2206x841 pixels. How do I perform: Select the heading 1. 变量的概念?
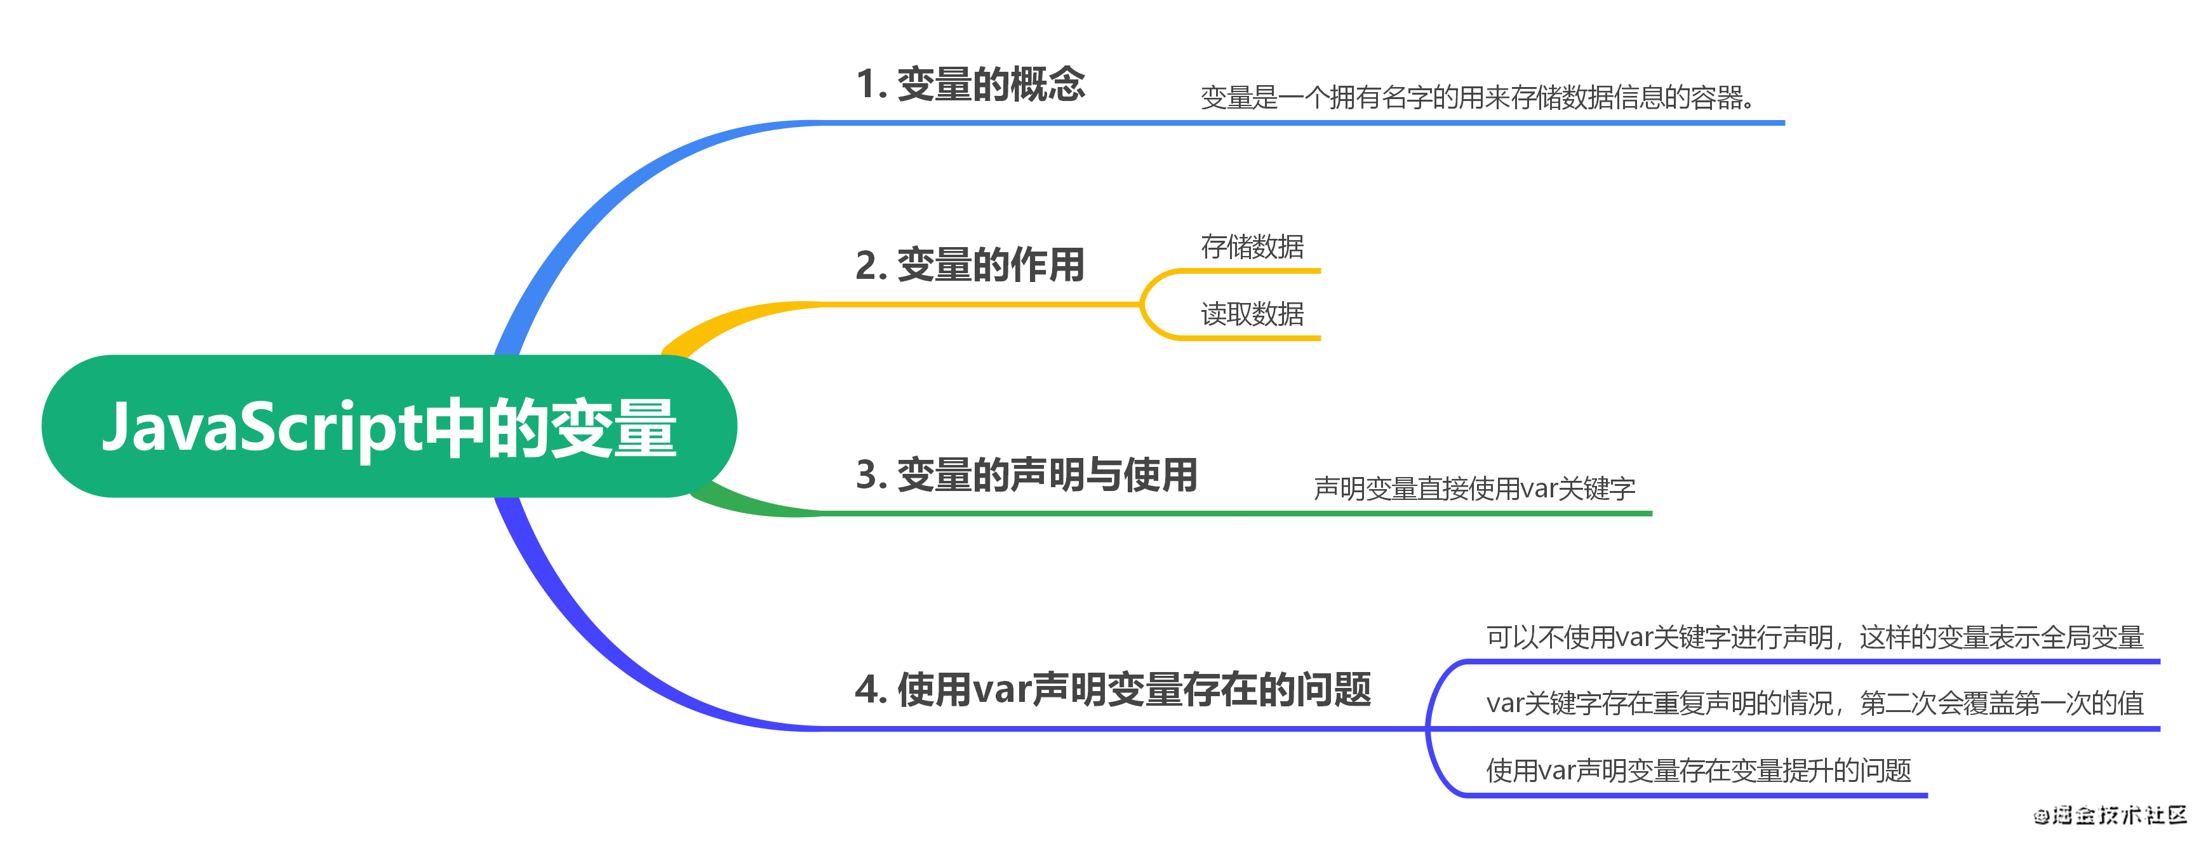(x=970, y=84)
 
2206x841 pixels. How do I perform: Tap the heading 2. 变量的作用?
(x=970, y=265)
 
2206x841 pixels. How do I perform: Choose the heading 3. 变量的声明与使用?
(x=1026, y=474)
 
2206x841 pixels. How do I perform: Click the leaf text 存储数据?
(x=1252, y=246)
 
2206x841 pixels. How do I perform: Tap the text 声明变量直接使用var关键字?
(x=1474, y=489)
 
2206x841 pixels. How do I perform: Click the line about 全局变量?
(x=1815, y=637)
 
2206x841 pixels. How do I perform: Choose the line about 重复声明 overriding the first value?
(x=1815, y=703)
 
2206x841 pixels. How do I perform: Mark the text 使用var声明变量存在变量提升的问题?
(x=1698, y=770)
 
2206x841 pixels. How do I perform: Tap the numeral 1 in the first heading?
(x=866, y=84)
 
